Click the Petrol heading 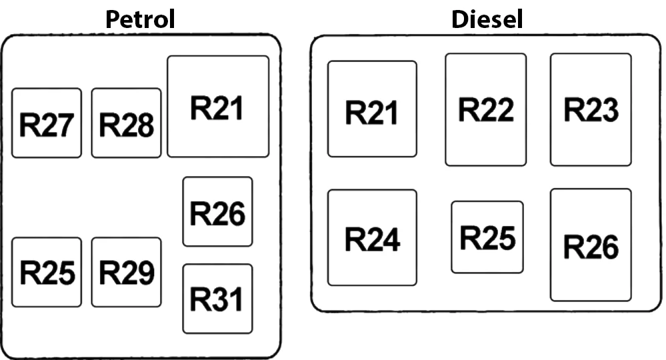140,19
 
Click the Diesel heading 487,19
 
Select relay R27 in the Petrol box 47,123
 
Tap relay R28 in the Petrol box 127,123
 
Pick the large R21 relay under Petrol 218,107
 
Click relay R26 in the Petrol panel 218,212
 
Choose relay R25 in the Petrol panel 47,272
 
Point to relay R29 127,272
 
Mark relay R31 218,299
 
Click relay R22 486,109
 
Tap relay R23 591,109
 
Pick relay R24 372,238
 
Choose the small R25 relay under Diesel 487,237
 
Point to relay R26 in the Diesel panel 591,245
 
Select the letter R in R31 201,299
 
